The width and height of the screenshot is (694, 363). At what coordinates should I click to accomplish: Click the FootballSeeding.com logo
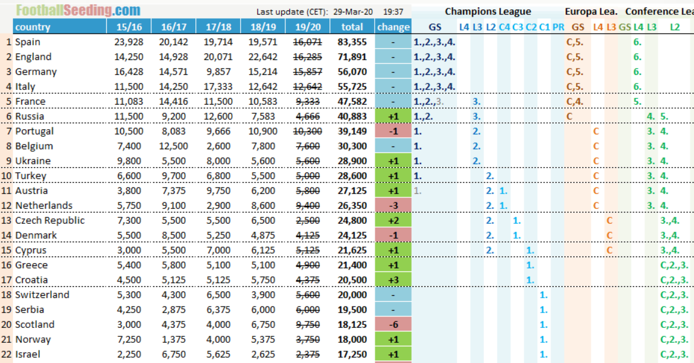[x=78, y=10]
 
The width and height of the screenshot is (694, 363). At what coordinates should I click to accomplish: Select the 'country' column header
[x=33, y=27]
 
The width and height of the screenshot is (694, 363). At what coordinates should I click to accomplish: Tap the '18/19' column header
[x=263, y=27]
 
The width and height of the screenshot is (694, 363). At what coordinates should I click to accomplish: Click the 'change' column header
[x=393, y=27]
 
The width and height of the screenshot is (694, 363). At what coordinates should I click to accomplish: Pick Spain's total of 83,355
[x=352, y=42]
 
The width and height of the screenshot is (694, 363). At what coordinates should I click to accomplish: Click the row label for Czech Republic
[x=49, y=220]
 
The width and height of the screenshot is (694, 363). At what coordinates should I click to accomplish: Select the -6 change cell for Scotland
[x=393, y=324]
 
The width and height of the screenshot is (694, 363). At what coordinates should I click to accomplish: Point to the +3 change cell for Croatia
[x=393, y=280]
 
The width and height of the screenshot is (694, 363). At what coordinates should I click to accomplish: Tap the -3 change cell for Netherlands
[x=393, y=205]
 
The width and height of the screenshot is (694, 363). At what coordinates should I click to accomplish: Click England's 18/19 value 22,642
[x=263, y=57]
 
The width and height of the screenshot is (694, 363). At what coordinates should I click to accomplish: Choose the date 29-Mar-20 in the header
[x=353, y=12]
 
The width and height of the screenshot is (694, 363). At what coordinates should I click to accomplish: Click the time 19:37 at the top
[x=393, y=12]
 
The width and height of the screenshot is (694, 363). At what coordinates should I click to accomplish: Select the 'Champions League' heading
[x=488, y=11]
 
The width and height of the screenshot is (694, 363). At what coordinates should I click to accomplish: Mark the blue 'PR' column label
[x=559, y=27]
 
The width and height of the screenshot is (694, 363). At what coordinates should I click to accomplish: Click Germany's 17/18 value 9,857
[x=218, y=71]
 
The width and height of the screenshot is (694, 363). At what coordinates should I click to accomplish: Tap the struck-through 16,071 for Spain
[x=307, y=42]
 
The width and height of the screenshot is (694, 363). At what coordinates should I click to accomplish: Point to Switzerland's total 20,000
[x=352, y=295]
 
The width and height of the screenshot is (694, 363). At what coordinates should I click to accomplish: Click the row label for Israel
[x=28, y=354]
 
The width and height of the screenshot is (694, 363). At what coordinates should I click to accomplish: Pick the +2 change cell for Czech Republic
[x=393, y=220]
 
